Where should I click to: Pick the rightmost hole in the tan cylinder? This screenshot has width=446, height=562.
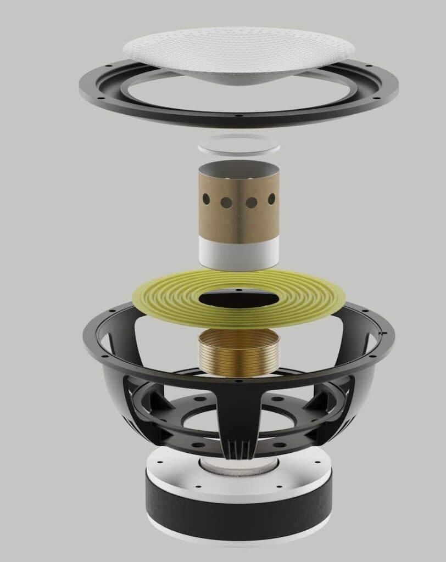pos(271,198)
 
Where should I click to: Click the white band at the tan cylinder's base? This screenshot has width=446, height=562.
pos(238,254)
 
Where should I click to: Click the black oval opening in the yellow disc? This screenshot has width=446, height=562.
pos(237,300)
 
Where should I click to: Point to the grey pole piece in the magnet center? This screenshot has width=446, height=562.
pos(238,467)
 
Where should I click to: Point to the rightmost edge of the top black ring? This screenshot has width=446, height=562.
pos(398,88)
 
